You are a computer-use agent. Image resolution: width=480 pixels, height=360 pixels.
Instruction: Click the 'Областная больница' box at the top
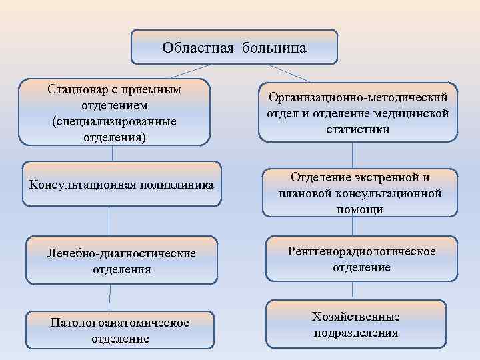pyautogui.click(x=234, y=47)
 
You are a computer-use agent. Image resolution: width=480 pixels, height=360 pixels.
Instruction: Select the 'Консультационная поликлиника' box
pyautogui.click(x=121, y=184)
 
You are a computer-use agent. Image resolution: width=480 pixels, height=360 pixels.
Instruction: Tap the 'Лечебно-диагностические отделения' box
pyautogui.click(x=121, y=261)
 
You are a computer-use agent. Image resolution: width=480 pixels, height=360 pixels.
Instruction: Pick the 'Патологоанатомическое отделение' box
pyautogui.click(x=120, y=330)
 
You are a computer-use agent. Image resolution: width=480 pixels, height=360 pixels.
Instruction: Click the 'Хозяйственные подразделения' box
pyautogui.click(x=356, y=324)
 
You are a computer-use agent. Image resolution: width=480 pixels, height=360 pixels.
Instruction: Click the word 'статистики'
pyautogui.click(x=358, y=129)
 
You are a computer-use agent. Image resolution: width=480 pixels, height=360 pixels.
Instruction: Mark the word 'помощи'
pyautogui.click(x=360, y=209)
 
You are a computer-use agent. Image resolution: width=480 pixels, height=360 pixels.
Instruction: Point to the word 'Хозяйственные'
pyautogui.click(x=356, y=316)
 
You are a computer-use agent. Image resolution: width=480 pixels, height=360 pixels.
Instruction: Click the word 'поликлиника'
pyautogui.click(x=180, y=184)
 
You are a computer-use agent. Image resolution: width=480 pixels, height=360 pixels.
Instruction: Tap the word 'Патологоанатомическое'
pyautogui.click(x=120, y=323)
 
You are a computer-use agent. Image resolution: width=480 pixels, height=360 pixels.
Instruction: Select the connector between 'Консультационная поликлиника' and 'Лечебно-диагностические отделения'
pyautogui.click(x=109, y=222)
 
